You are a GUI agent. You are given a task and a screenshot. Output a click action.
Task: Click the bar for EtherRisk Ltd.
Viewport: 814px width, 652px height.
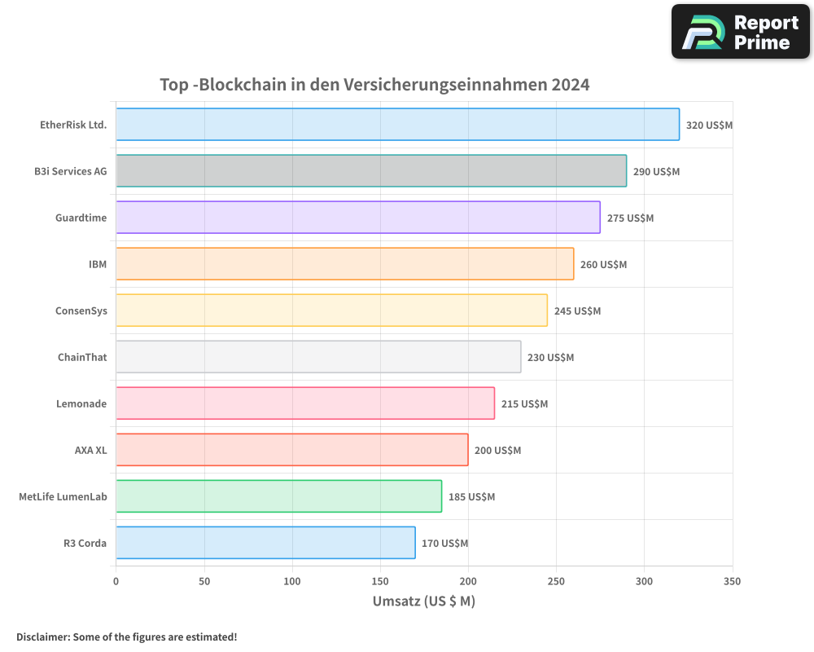[397, 125]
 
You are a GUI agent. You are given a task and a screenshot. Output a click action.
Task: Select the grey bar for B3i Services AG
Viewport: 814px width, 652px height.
[371, 171]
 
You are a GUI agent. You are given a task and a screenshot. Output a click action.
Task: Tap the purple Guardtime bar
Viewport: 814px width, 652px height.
[358, 218]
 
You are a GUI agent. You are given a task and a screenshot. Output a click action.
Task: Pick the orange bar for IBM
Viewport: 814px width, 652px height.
[344, 264]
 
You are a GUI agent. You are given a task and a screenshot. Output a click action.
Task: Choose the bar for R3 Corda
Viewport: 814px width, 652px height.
[265, 543]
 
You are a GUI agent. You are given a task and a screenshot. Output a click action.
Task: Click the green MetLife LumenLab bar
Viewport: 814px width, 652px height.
[278, 496]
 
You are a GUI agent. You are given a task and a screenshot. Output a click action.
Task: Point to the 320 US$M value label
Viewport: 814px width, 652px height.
[709, 126]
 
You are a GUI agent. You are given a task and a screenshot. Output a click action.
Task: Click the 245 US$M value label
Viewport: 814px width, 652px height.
[577, 311]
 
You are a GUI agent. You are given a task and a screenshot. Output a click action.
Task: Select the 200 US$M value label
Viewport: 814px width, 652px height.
[497, 451]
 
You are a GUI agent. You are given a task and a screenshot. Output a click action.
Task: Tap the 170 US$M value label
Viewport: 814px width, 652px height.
[444, 544]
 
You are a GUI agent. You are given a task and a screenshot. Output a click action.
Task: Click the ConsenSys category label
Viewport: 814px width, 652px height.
[81, 311]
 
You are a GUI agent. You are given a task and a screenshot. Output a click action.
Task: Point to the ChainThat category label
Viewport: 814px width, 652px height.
[82, 357]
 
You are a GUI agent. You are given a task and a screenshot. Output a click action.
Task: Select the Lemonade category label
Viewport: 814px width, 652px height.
[81, 403]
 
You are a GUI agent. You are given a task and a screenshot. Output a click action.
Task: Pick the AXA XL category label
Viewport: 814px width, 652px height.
[90, 450]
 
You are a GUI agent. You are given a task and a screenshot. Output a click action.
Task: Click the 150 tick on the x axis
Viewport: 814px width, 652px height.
[380, 581]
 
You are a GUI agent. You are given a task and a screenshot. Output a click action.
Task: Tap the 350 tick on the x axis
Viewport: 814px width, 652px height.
[732, 581]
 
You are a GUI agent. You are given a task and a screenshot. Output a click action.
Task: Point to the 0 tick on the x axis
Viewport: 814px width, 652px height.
[116, 581]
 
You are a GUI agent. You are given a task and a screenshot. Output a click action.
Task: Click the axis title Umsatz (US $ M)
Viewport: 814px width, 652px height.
[423, 601]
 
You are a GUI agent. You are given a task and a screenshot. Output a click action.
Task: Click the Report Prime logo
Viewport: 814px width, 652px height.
[740, 32]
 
